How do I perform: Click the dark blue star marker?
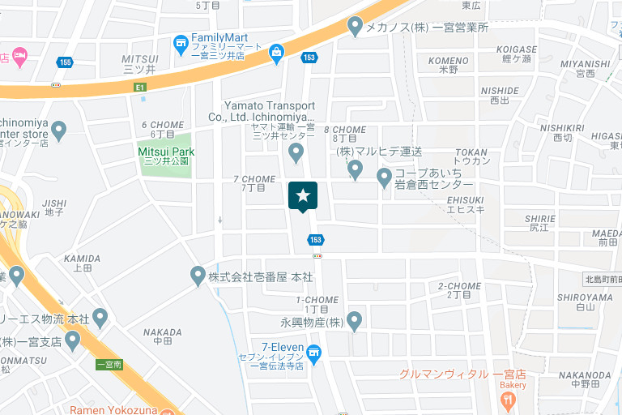tap(303, 196)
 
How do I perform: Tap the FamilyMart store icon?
tap(181, 41)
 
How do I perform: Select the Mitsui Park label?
tap(166, 152)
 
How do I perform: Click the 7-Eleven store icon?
tap(314, 352)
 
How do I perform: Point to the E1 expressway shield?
tap(141, 87)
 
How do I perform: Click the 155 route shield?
tap(64, 62)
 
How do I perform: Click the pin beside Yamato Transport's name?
tap(296, 152)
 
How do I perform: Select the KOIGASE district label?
tap(516, 49)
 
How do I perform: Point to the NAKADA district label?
tap(162, 332)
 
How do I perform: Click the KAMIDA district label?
tap(82, 259)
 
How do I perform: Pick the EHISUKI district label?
tap(466, 199)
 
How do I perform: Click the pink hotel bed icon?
tap(19, 56)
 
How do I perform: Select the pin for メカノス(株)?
tap(354, 27)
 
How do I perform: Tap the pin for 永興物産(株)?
tap(354, 321)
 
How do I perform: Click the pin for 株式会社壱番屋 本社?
tap(198, 276)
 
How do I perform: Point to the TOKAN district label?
tap(471, 152)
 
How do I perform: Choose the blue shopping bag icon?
tap(277, 54)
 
